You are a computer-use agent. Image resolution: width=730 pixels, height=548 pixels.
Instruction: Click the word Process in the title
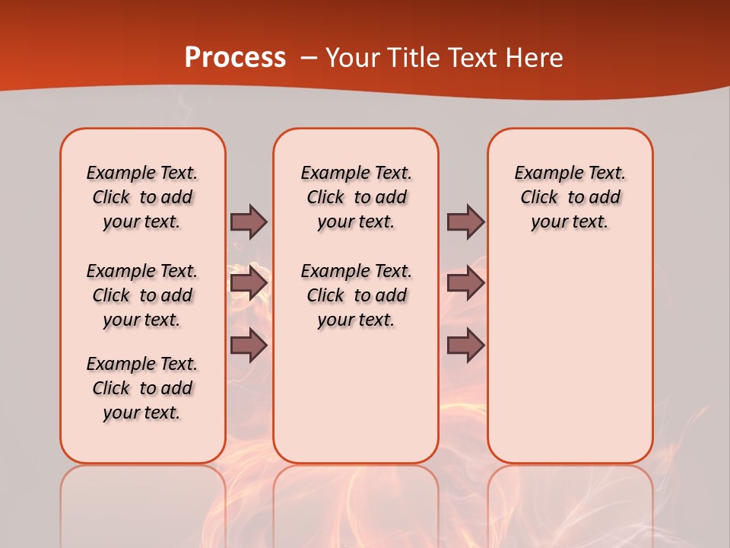pyautogui.click(x=235, y=57)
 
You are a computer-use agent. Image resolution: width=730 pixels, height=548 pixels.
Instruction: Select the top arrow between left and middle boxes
pyautogui.click(x=249, y=222)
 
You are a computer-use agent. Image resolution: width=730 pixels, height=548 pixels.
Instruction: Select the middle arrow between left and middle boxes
pyautogui.click(x=249, y=283)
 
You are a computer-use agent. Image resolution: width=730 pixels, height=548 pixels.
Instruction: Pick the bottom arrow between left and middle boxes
pyautogui.click(x=249, y=346)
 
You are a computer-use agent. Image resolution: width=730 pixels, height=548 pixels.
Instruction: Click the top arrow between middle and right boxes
pyautogui.click(x=465, y=222)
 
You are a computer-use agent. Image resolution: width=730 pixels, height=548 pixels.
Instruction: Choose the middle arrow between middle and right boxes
pyautogui.click(x=465, y=283)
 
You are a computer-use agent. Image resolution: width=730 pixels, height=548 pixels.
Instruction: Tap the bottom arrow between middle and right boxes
pyautogui.click(x=465, y=346)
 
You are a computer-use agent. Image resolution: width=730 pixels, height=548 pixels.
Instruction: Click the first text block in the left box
pyautogui.click(x=142, y=197)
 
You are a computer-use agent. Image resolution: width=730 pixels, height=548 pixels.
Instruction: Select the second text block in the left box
pyautogui.click(x=142, y=295)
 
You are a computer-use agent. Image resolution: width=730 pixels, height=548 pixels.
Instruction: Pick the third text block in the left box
pyautogui.click(x=142, y=388)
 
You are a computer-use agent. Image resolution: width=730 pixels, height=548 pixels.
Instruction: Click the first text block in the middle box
pyautogui.click(x=356, y=197)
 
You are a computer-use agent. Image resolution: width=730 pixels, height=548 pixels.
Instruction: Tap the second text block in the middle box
pyautogui.click(x=356, y=295)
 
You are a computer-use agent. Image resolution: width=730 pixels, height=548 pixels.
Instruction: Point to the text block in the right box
pyautogui.click(x=570, y=197)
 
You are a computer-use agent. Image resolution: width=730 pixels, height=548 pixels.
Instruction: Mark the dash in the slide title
pyautogui.click(x=309, y=57)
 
